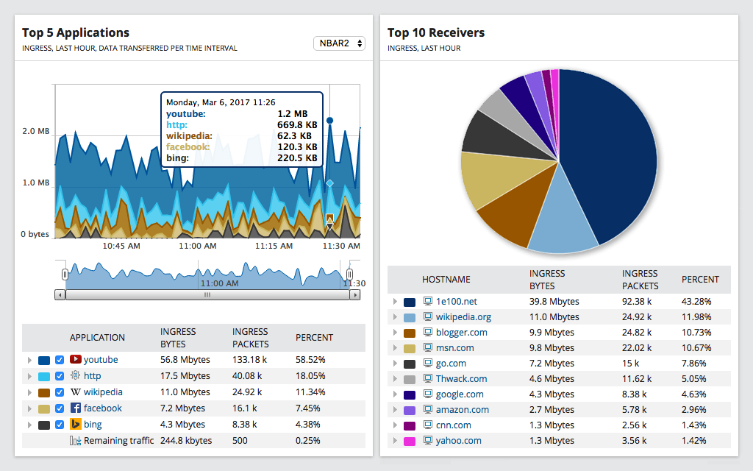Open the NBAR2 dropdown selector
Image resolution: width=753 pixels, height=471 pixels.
coord(339,43)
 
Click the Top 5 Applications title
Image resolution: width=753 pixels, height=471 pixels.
coord(76,32)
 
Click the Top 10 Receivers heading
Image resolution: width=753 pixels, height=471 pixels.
coord(436,32)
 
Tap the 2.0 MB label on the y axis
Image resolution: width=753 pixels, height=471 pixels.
coord(35,131)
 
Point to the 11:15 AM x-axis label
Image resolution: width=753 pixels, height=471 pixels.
coord(273,246)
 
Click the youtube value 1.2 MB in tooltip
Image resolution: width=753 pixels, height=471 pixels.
coord(293,114)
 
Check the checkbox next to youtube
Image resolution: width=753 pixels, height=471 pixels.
coord(60,360)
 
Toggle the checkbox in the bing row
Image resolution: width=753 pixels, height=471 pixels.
coord(60,425)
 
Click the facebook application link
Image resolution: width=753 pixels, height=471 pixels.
coord(102,408)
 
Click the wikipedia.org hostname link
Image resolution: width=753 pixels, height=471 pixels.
coord(463,317)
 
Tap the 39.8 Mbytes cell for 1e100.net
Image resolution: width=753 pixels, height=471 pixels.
coord(554,302)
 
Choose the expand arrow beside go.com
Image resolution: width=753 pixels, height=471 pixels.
coord(395,364)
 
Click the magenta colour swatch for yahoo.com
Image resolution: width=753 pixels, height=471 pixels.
coord(410,441)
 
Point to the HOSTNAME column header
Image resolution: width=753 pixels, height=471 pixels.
coord(446,280)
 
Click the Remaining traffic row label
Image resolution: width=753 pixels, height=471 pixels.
coord(118,441)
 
